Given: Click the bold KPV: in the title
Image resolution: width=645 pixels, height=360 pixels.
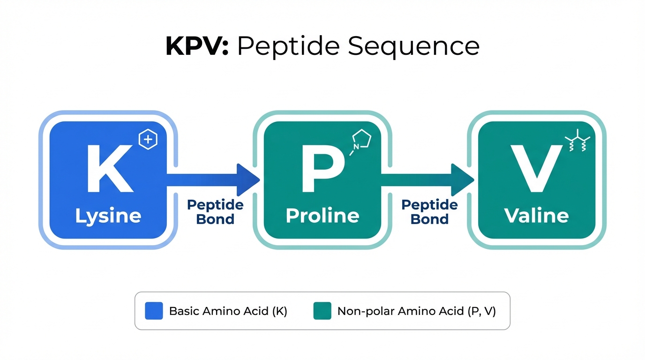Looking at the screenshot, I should coord(197,46).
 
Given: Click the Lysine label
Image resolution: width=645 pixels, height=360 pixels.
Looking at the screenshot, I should coord(108,216).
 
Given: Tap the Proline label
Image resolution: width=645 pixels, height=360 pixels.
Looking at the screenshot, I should coord(322,216).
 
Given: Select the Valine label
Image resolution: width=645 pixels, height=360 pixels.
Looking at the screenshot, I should coord(536,216).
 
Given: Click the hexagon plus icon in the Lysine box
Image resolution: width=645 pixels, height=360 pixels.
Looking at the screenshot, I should coord(148,140).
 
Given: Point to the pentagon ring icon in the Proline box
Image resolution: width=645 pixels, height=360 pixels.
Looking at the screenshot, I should coord(361,140).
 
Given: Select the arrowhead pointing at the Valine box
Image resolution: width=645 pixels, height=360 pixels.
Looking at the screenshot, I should coord(462,180).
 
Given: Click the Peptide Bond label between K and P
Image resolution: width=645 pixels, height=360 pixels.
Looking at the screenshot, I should coord(215,212).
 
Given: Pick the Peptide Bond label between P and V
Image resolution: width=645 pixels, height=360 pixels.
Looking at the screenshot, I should coord(430,212).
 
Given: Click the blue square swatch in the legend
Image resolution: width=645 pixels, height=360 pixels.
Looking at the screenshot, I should coord(154,311).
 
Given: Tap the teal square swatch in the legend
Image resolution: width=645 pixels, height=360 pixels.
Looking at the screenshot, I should coord(322,311).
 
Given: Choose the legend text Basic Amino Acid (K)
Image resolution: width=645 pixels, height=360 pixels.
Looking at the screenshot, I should coord(228,311).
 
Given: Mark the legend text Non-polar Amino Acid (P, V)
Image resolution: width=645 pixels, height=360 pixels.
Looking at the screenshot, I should coord(416,311).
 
